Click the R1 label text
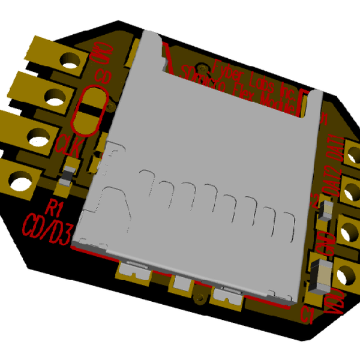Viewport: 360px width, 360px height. click(55, 208)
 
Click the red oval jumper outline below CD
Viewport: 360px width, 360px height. click(89, 112)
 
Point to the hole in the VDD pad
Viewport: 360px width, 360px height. click(346, 275)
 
